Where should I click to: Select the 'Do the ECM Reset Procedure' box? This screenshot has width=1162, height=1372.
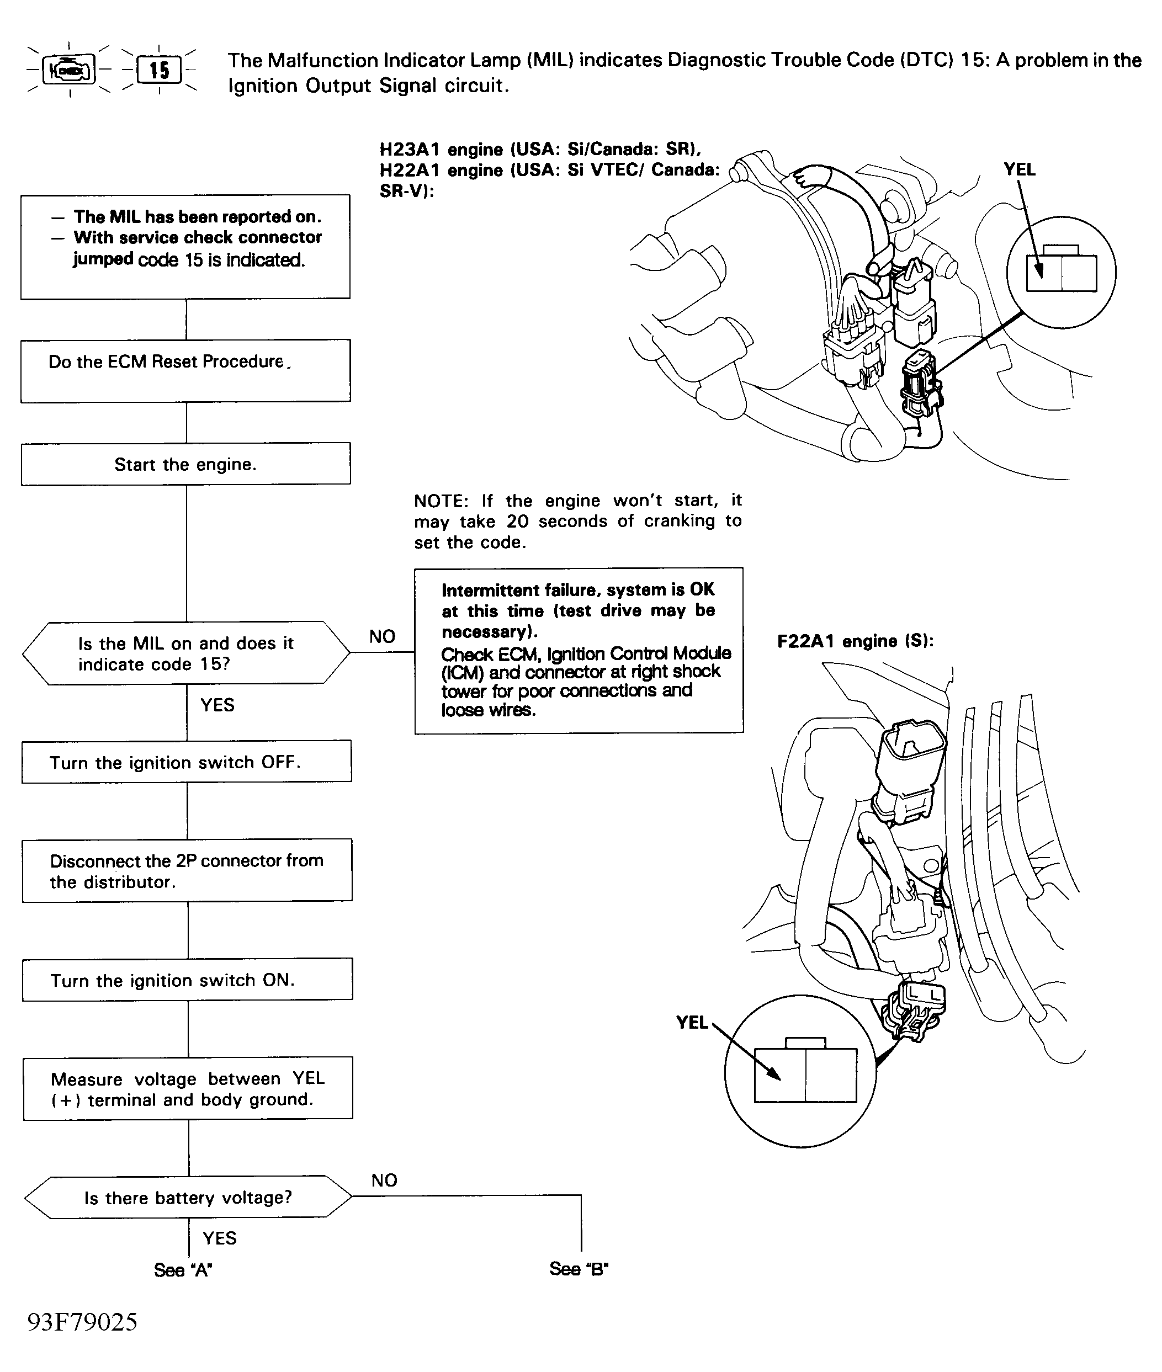[x=186, y=370]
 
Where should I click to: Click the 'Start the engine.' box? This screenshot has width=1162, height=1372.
[x=186, y=464]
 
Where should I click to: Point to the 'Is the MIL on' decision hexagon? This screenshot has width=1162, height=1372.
[x=186, y=653]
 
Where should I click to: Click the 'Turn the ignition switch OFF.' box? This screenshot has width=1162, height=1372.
[x=187, y=762]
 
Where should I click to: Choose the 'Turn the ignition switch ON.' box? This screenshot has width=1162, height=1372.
[x=187, y=980]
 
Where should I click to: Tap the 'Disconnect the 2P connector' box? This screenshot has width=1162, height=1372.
[x=187, y=870]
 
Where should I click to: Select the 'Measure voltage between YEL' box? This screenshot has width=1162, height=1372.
[x=188, y=1088]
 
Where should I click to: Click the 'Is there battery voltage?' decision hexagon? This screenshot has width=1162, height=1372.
[x=188, y=1197]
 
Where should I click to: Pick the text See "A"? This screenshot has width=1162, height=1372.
[x=183, y=1269]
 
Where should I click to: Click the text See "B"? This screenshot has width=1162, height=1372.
[x=579, y=1269]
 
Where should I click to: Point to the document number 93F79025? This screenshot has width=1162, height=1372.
[x=82, y=1321]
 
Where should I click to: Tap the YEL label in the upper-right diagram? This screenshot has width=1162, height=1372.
[x=1019, y=170]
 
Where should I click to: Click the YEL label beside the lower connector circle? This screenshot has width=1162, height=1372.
[x=692, y=1022]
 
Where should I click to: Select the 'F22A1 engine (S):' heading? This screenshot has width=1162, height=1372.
[x=855, y=641]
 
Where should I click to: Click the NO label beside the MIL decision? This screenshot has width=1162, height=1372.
[x=382, y=636]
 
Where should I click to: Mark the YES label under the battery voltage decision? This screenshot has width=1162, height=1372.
[x=219, y=1238]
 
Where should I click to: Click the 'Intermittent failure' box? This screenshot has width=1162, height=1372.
[x=579, y=650]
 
